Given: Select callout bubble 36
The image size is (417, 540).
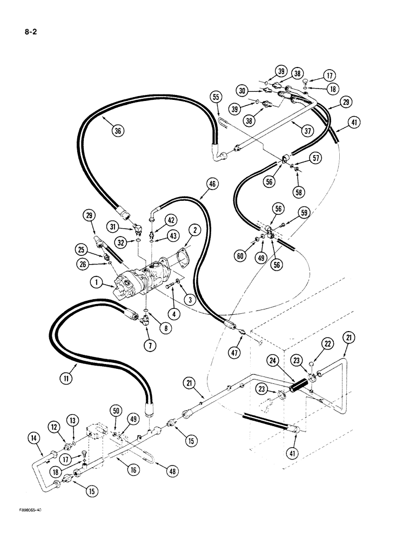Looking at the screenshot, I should [117, 130].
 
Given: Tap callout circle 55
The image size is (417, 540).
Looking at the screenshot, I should [216, 97].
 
